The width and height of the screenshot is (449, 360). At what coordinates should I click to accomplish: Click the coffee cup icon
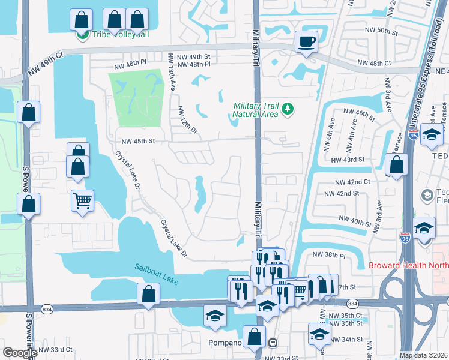[x=306, y=42]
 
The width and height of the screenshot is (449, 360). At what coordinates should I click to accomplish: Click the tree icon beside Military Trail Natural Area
[x=288, y=109]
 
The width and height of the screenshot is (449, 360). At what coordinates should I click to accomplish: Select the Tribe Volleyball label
[x=120, y=34]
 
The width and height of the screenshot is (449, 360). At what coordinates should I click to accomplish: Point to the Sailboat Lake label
[x=157, y=274]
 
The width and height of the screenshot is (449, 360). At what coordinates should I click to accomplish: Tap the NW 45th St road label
[x=138, y=141]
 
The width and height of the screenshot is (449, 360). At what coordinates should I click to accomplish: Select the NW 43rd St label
[x=348, y=159]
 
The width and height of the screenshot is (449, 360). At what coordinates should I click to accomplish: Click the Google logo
[x=20, y=353]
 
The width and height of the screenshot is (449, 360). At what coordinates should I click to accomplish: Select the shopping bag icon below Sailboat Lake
[x=148, y=295]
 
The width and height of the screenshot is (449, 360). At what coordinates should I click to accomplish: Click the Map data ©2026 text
[x=423, y=355]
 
